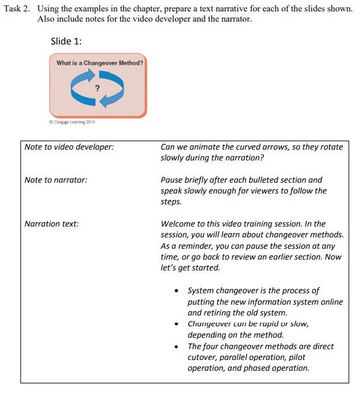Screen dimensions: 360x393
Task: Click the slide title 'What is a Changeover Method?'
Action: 99,62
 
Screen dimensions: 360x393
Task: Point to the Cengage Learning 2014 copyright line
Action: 72,122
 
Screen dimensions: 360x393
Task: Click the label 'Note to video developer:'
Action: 69,147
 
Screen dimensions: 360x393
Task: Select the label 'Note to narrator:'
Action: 56,180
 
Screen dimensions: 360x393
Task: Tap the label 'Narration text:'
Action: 52,224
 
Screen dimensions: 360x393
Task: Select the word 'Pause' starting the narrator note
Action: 173,180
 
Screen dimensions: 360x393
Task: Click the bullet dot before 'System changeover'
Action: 176,291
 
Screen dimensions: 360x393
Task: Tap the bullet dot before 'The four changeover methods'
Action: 176,347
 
